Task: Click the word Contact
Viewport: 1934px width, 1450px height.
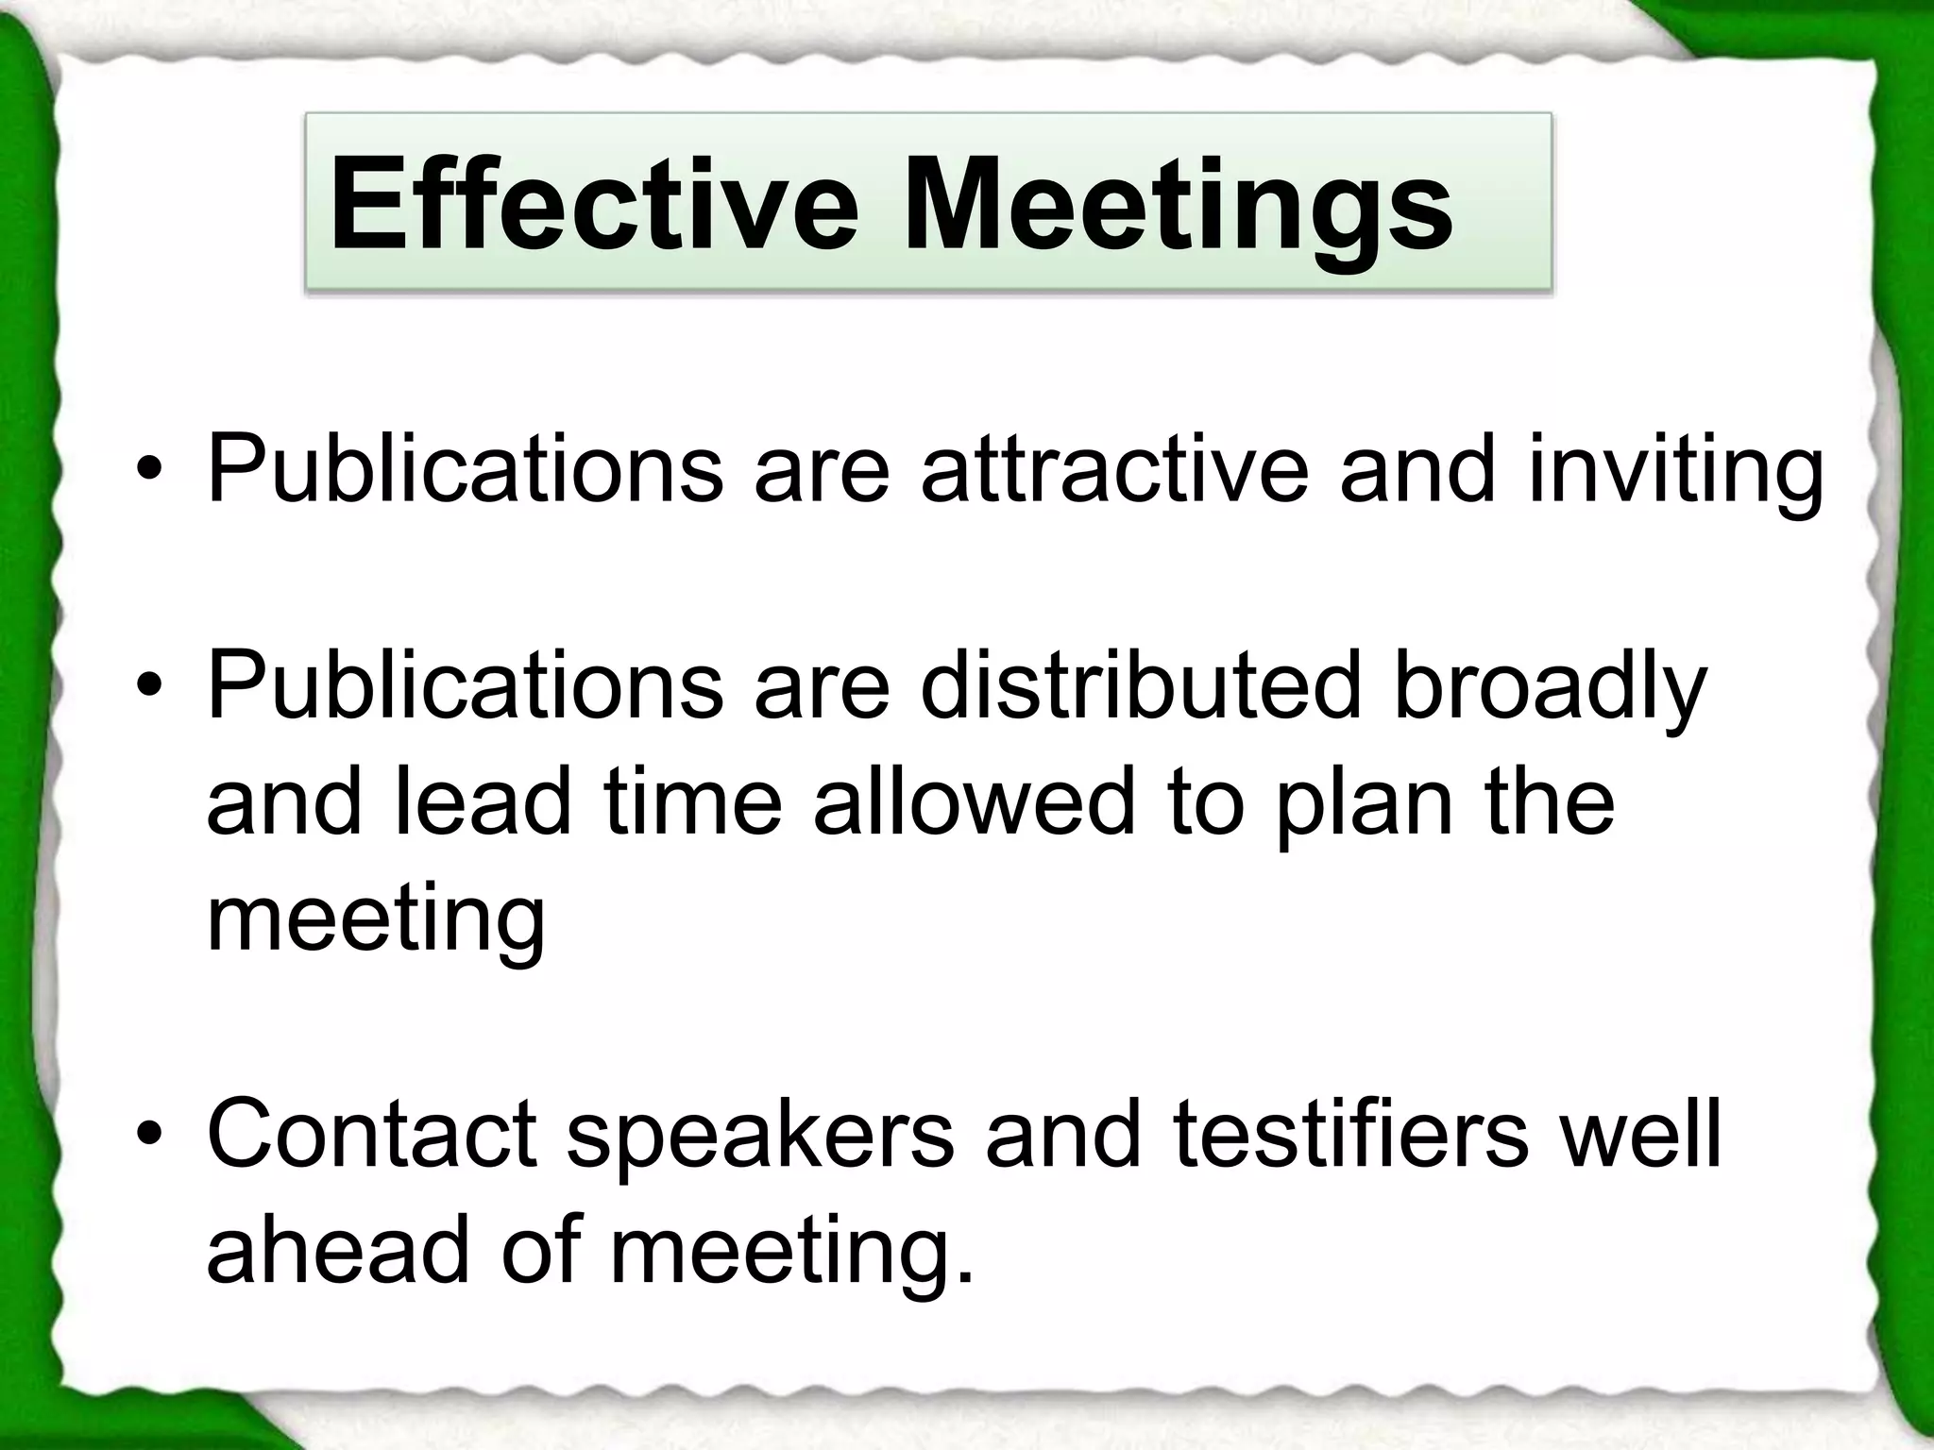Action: (371, 1132)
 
